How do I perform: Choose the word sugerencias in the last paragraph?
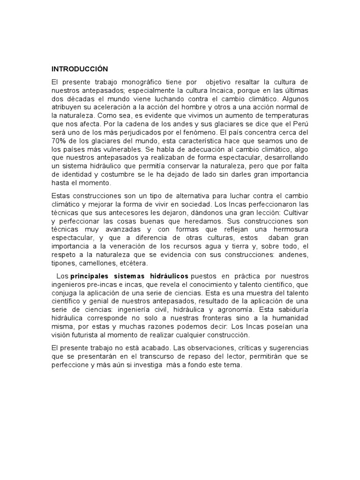pos(289,348)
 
